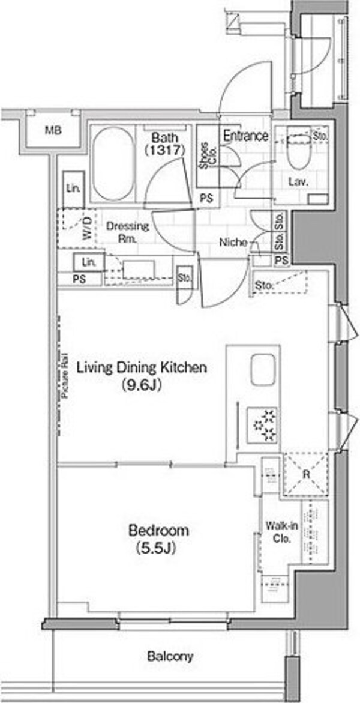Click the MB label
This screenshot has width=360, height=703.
coord(53,131)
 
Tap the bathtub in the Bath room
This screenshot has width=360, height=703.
coord(112,164)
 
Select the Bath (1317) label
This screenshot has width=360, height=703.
coord(164,144)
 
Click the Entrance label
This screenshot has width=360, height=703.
coord(245,136)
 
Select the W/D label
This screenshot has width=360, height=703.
coord(87,228)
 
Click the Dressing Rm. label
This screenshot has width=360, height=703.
coord(121,232)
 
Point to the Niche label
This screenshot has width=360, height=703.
coord(233,243)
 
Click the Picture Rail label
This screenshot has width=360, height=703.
coord(65,376)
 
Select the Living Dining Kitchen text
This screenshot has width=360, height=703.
coord(142,368)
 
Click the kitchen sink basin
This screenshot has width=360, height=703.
coord(263,370)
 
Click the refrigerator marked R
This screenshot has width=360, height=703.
coord(306,474)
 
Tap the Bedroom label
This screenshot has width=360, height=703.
coord(159,531)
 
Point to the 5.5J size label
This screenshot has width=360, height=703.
coord(159,548)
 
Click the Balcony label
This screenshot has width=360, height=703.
coord(170,657)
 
